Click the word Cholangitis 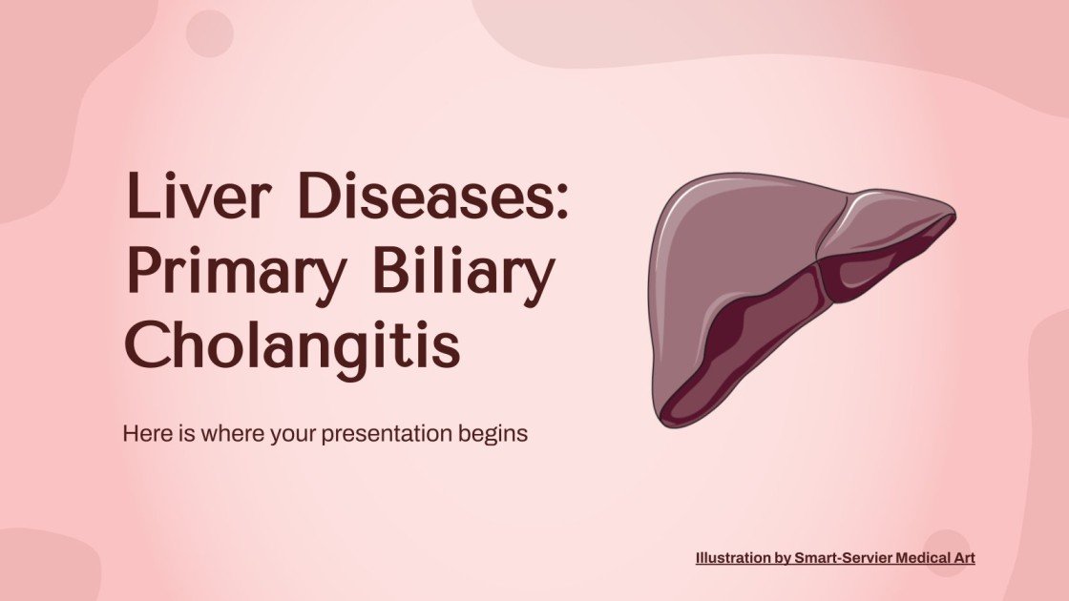[x=292, y=345]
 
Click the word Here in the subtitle [x=144, y=433]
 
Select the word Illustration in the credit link [x=733, y=558]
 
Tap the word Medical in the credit [x=918, y=558]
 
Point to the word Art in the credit [x=963, y=558]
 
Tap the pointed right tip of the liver [x=953, y=212]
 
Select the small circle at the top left [x=209, y=34]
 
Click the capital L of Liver [x=139, y=200]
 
